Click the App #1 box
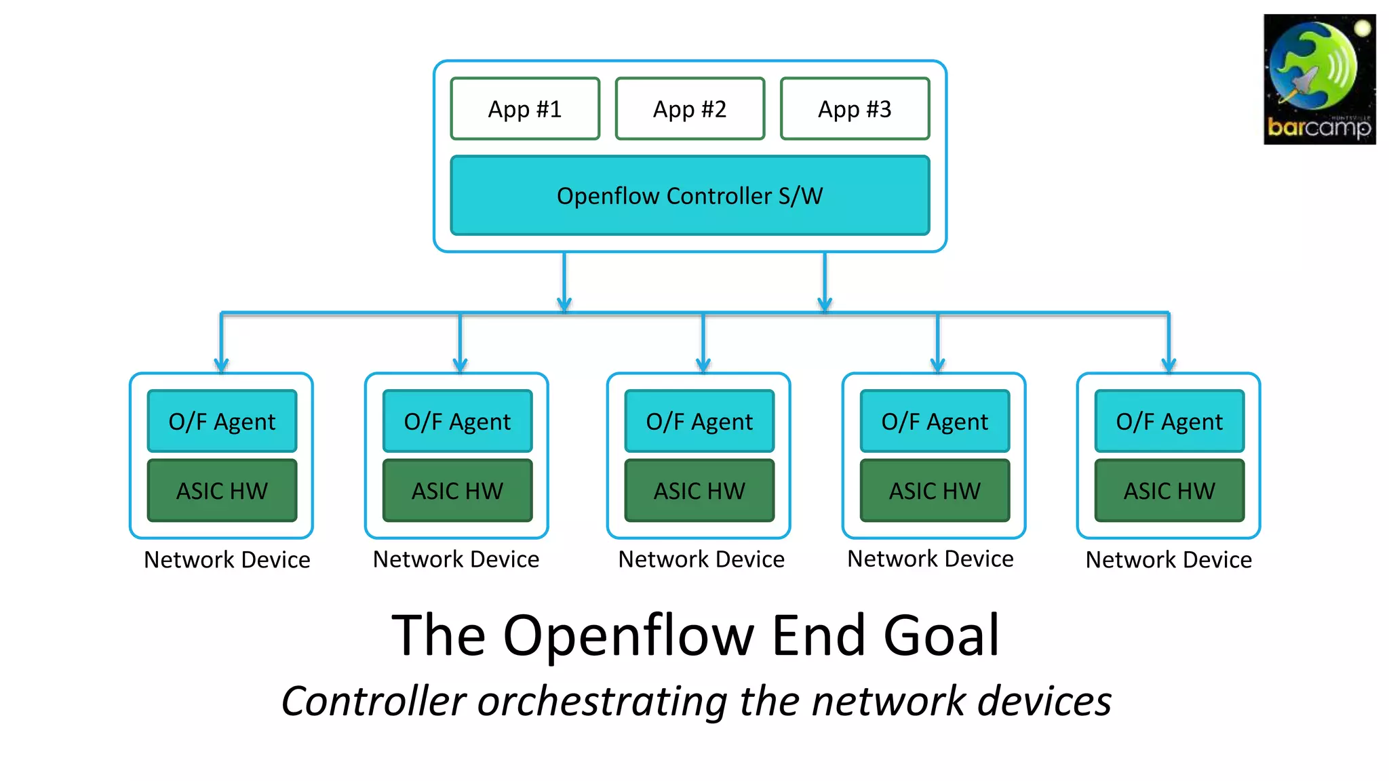click(x=525, y=109)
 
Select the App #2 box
click(x=690, y=109)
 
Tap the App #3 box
click(x=855, y=109)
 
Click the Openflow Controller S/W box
click(x=690, y=196)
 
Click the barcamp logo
click(x=1319, y=79)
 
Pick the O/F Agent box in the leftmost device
click(x=222, y=421)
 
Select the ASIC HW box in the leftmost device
click(x=222, y=491)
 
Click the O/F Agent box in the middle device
click(x=699, y=421)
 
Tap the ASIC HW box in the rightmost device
click(x=1169, y=491)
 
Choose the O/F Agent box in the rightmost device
click(x=1169, y=421)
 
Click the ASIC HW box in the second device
click(x=457, y=491)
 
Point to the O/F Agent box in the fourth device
click(x=935, y=421)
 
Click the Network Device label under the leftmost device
click(x=227, y=560)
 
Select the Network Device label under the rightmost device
click(x=1169, y=560)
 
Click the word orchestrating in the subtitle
click(x=602, y=701)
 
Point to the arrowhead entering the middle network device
click(x=703, y=365)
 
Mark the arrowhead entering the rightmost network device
click(x=1169, y=365)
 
